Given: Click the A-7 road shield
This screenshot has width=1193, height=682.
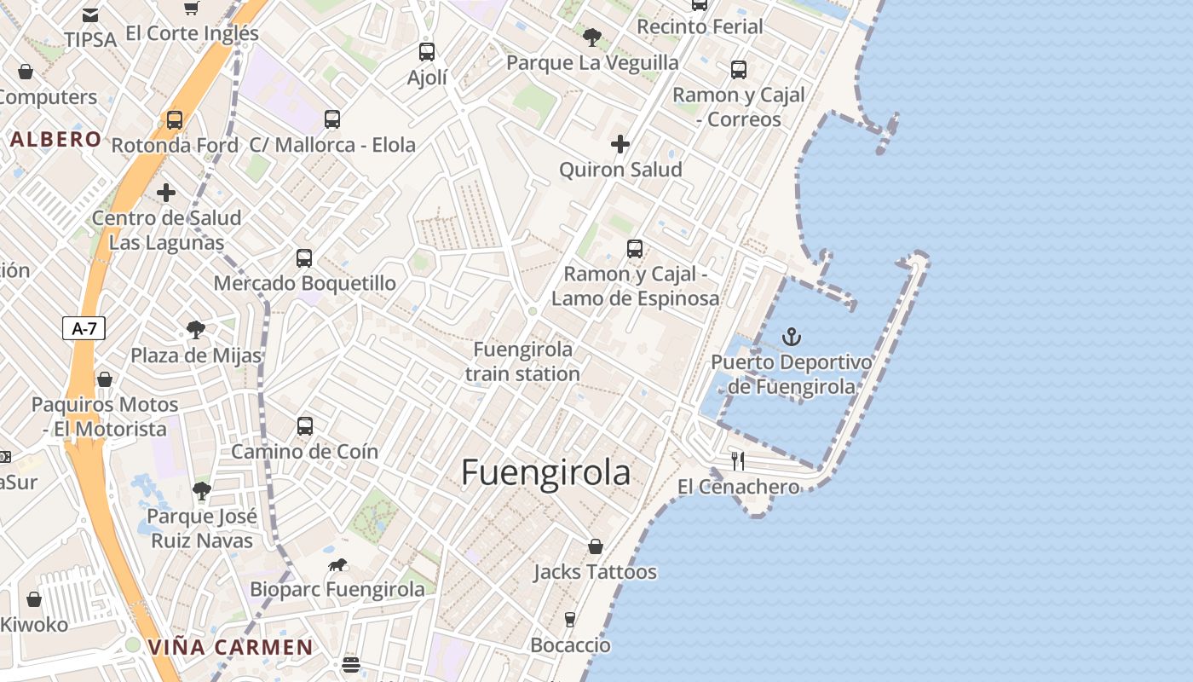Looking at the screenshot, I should (84, 328).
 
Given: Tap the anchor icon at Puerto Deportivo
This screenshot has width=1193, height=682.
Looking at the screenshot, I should (792, 337).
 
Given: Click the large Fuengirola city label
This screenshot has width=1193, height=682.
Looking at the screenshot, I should (545, 472).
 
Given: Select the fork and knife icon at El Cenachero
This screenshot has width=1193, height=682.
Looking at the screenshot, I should (738, 461).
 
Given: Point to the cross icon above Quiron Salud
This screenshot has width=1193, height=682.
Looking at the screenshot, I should (620, 144).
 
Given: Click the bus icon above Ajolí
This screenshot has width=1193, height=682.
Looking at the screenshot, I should (427, 52).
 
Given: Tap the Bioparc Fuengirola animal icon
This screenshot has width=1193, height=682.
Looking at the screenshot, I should (337, 565).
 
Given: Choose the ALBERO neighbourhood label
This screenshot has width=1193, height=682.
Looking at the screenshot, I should (56, 140).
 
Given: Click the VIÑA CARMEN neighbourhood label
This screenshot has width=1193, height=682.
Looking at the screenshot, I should (231, 647).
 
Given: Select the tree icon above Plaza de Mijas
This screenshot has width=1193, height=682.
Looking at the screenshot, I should (196, 330).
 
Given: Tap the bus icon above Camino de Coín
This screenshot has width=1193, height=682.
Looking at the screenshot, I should (304, 426).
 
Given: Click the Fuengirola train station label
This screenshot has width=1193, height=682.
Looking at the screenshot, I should (523, 361).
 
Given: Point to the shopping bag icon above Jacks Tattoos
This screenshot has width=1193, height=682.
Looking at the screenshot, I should (596, 546).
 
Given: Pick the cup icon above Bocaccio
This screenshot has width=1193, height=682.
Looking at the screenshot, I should (570, 620).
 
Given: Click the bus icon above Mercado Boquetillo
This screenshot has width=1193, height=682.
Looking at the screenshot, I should (304, 258).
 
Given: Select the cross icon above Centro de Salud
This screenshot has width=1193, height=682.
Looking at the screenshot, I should (166, 193).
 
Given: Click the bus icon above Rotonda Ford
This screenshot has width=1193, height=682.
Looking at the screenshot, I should (175, 120).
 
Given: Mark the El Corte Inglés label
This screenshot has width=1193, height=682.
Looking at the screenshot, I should (192, 33).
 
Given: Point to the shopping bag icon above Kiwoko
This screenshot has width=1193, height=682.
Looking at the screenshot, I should (34, 599).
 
